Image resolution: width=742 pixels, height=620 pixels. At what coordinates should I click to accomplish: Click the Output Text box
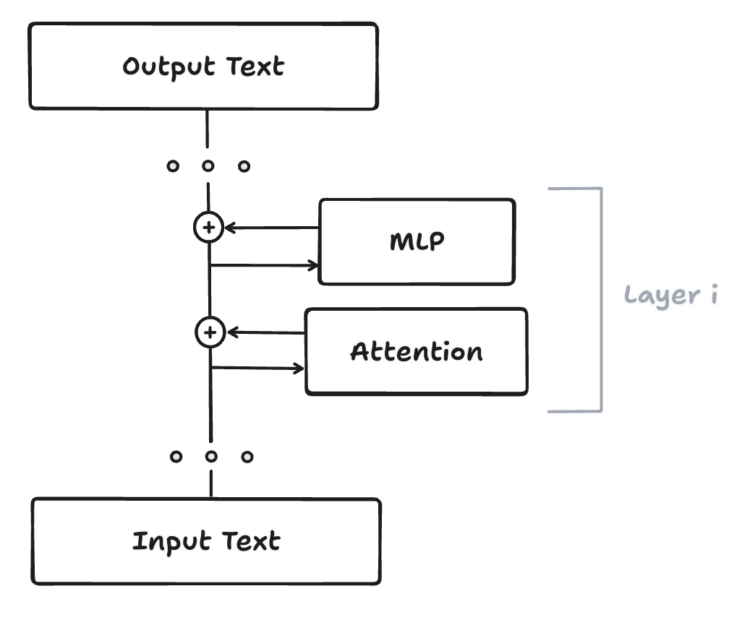point(203,66)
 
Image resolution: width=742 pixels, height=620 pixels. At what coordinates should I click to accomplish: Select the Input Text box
point(206,541)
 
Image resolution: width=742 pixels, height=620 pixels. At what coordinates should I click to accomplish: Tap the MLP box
point(417,241)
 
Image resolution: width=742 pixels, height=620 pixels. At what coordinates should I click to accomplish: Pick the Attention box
point(417,351)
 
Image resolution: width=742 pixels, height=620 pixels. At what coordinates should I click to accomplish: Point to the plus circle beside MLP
point(208,228)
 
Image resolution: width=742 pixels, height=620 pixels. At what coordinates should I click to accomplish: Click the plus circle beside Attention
point(210,333)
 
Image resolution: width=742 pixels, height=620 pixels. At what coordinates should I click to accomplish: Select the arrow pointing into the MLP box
point(265,265)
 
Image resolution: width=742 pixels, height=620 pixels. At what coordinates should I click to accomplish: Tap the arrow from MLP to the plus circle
point(272,228)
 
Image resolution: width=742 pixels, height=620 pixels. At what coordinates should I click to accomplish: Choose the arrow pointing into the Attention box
point(257,369)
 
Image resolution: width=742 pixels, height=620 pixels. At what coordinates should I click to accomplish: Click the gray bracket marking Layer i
point(600,300)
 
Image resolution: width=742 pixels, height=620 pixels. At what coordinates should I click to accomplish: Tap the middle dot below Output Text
point(208,166)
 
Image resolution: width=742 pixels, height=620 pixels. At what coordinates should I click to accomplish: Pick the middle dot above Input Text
point(211,457)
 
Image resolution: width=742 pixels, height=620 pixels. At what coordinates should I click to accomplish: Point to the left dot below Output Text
point(172,166)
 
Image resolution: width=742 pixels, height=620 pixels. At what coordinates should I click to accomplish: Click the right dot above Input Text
point(247,457)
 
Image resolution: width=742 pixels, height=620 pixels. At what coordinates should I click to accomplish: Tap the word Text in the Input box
point(250,541)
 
